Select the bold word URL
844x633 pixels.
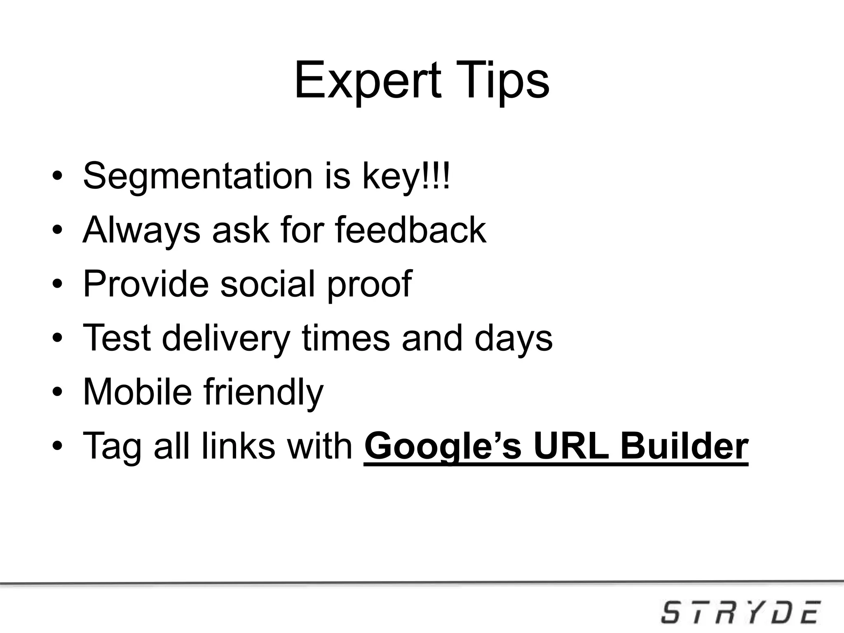coord(571,446)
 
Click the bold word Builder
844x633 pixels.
coord(684,446)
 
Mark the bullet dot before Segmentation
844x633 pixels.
coord(57,178)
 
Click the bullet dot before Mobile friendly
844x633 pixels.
coord(57,392)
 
